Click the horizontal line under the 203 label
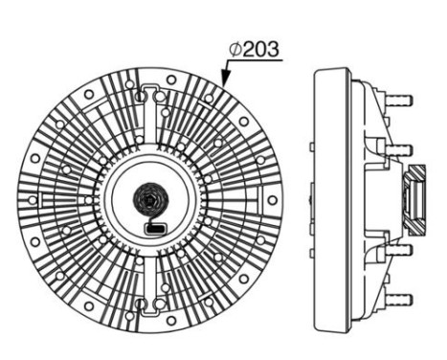[254, 60]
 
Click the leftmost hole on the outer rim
[33, 198]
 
